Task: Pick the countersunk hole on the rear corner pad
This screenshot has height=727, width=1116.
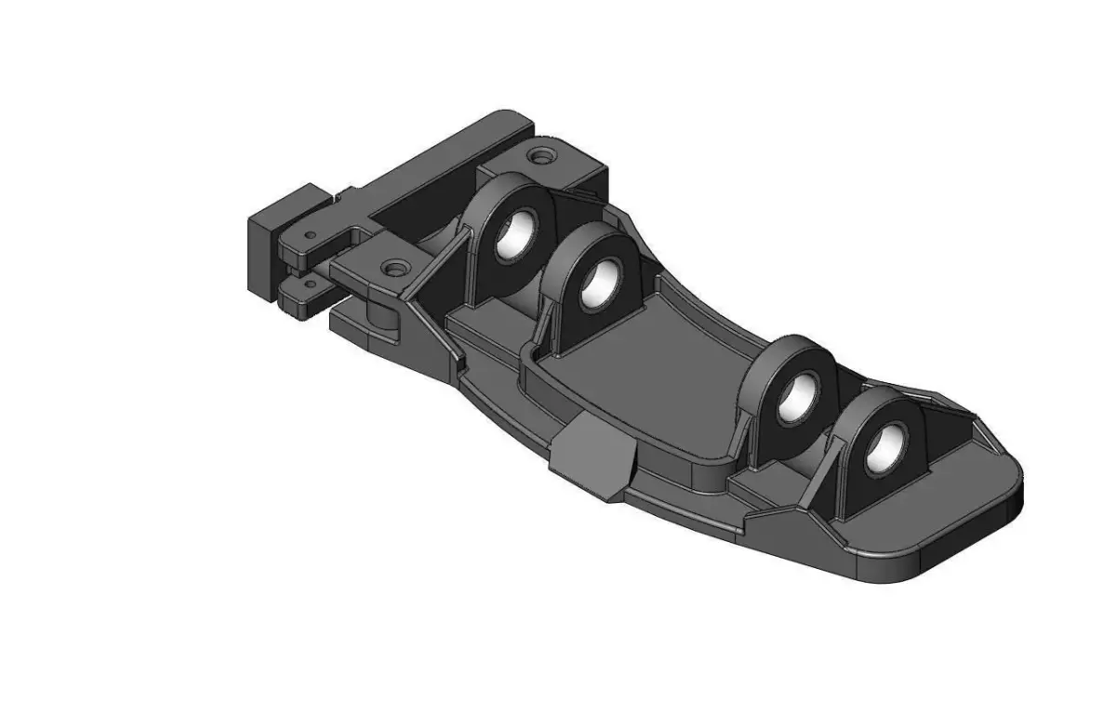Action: tap(540, 155)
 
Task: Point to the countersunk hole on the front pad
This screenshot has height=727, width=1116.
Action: tap(395, 269)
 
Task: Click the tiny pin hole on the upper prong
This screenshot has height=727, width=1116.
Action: tap(311, 235)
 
